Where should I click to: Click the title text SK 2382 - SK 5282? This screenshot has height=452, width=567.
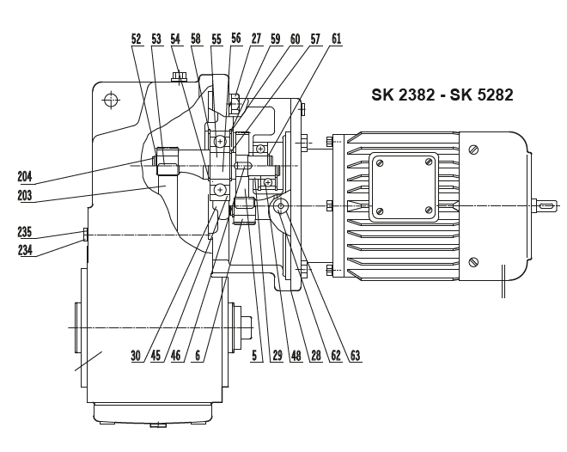(442, 95)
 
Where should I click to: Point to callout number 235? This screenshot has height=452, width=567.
(27, 231)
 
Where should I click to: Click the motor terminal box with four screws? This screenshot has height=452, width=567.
(404, 184)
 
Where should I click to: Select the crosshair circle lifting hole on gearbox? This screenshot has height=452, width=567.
(110, 101)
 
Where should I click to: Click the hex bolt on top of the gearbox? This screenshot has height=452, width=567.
(178, 78)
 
